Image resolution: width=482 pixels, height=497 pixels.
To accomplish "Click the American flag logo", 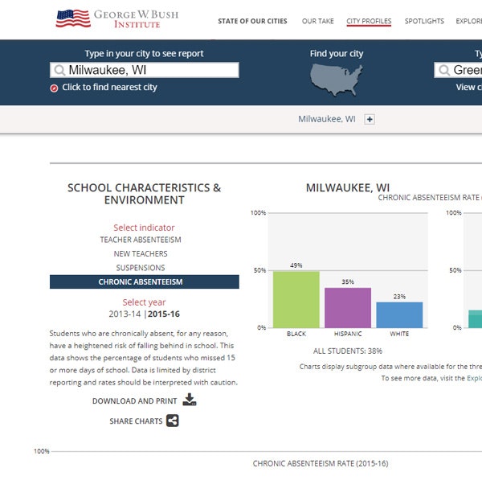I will [x=72, y=18].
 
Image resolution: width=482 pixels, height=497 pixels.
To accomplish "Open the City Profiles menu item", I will [x=369, y=21].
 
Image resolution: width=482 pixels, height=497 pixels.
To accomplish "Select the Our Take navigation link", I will [x=317, y=21].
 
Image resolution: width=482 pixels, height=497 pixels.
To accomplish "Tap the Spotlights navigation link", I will [x=424, y=21].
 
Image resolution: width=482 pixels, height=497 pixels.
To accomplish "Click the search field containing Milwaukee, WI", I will [x=145, y=70].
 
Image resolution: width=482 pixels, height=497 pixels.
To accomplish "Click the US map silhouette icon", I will [x=337, y=78].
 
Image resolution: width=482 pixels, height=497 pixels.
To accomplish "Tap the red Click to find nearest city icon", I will [x=54, y=88].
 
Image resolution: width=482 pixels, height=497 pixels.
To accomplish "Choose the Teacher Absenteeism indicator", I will [x=141, y=240].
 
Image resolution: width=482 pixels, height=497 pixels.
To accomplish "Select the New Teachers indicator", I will [x=141, y=254].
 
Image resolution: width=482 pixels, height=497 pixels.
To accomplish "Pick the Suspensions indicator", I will [x=141, y=268].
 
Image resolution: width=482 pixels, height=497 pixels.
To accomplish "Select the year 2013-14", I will [x=126, y=314].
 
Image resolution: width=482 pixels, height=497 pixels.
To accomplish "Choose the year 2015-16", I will [x=164, y=314].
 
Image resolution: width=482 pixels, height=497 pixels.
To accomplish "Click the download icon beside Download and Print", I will [x=190, y=400].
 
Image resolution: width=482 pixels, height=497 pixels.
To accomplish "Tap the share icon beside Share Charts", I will [x=173, y=421].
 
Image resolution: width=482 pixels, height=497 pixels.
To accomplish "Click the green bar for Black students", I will [x=296, y=299].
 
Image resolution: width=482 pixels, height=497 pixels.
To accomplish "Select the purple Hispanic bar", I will [x=347, y=307].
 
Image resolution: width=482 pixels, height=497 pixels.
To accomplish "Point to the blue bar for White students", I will [x=399, y=314].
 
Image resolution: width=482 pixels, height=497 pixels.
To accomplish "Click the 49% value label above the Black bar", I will [x=296, y=265].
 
